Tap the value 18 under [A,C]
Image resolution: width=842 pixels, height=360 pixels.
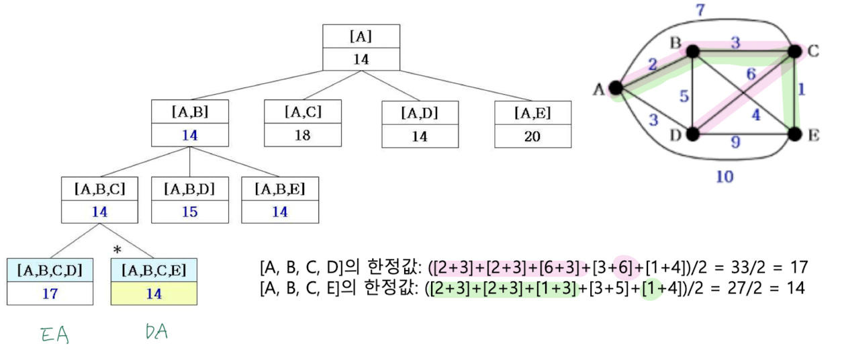(x=303, y=135)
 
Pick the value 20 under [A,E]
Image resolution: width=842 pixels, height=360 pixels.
(x=532, y=136)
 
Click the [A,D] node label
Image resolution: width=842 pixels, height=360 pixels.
(x=420, y=112)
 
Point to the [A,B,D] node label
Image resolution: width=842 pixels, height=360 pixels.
(x=189, y=189)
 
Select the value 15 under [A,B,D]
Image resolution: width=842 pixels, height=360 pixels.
(x=189, y=212)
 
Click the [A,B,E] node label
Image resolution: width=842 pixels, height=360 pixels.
(x=279, y=189)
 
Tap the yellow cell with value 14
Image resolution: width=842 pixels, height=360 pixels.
(x=154, y=294)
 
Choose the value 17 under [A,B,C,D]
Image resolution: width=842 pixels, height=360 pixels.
(x=50, y=294)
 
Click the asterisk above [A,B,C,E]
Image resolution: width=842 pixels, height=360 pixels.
(x=118, y=251)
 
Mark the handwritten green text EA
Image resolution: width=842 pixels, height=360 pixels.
(x=56, y=334)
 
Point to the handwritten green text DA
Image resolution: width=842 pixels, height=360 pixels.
(x=156, y=332)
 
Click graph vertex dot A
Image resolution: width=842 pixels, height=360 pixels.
(x=614, y=87)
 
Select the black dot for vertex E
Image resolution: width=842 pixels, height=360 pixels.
(x=795, y=134)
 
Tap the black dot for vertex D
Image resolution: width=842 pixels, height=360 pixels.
(x=693, y=134)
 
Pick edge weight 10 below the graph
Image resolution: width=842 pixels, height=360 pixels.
(x=724, y=177)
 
